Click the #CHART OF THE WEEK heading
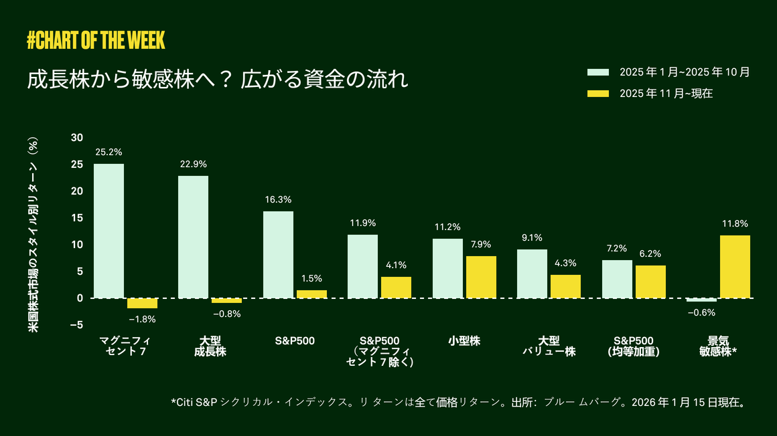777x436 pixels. click(96, 40)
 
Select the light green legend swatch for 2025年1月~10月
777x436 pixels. click(597, 72)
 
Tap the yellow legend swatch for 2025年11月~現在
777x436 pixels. click(597, 94)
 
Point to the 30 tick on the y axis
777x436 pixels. click(77, 138)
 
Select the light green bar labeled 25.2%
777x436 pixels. click(109, 231)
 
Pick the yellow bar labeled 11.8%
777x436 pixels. click(735, 266)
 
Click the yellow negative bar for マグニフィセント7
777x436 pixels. click(142, 303)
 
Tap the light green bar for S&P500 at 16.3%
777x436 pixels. click(278, 254)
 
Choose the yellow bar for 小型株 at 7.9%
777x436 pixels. click(481, 277)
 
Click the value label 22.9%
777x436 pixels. click(193, 165)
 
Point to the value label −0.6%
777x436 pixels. click(701, 312)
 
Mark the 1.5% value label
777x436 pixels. click(311, 278)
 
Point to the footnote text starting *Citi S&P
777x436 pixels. click(458, 403)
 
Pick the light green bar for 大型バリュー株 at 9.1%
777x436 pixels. click(532, 274)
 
